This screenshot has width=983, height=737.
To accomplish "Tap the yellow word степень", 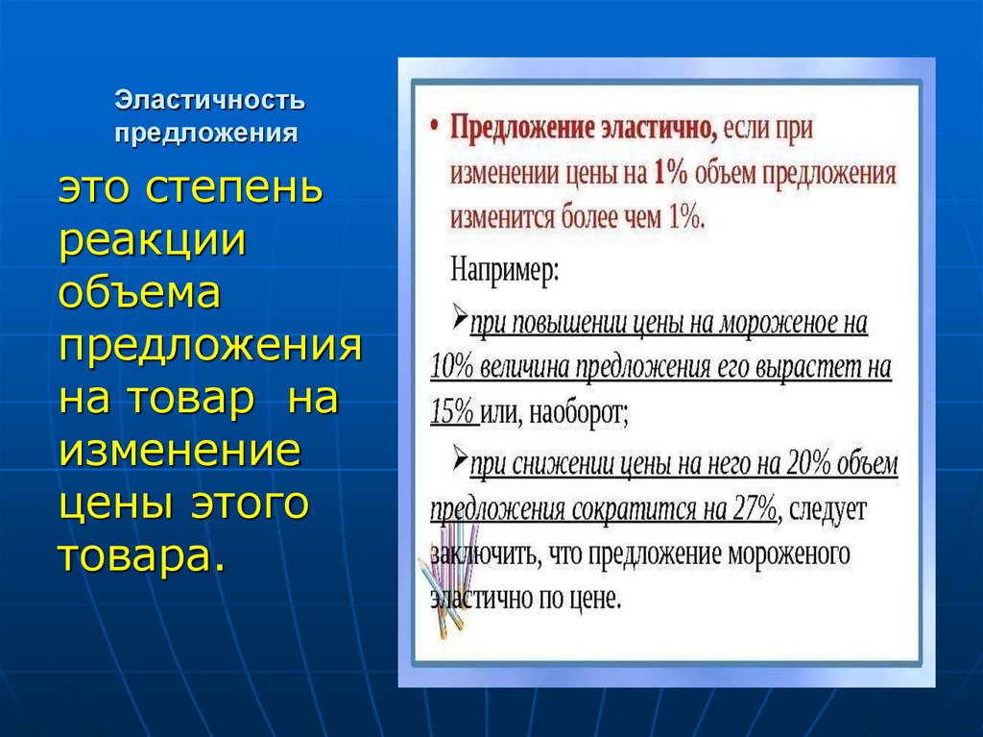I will (234, 189).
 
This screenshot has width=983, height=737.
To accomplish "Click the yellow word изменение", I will (180, 450).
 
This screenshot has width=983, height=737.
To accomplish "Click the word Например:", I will (503, 268).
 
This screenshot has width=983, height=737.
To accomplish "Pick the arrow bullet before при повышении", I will (459, 318).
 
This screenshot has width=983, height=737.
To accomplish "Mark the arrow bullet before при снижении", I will (459, 460).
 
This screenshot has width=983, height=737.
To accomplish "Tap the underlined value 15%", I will (453, 412).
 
